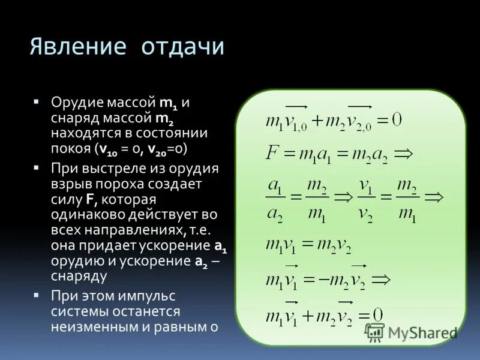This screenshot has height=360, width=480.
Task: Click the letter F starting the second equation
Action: coord(271,153)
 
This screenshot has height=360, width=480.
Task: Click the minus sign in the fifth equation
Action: coord(322,280)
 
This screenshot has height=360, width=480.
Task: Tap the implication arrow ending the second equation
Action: coord(404,154)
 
